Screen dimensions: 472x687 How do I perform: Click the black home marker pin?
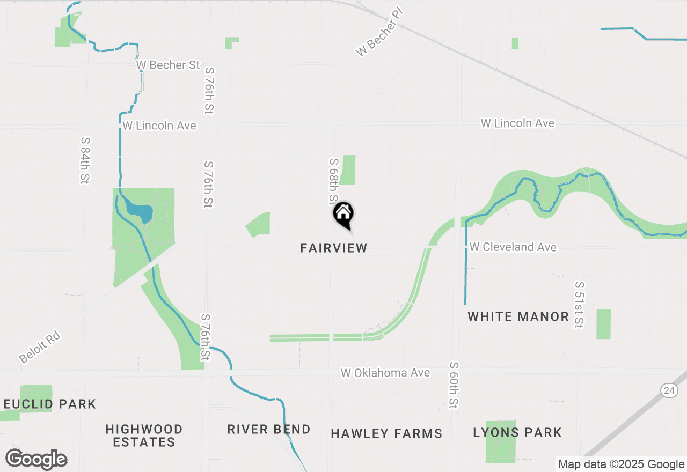[343, 214]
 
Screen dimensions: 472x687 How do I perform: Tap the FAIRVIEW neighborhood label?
[334, 248]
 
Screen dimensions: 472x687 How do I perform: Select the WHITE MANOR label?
[518, 316]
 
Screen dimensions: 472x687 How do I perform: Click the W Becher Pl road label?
[379, 33]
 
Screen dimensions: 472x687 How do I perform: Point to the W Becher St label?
[168, 65]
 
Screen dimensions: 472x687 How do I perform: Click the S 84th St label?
[85, 160]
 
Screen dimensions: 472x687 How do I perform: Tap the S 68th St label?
[334, 181]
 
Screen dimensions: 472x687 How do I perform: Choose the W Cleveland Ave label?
[513, 247]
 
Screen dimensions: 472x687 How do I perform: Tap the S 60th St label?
[454, 385]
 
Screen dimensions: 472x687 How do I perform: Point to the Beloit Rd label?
[39, 348]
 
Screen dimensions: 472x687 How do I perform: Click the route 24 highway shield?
[669, 391]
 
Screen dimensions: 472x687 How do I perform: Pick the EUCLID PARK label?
[49, 404]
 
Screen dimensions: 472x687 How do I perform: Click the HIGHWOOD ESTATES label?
[144, 436]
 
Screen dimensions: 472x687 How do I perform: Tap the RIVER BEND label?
[268, 429]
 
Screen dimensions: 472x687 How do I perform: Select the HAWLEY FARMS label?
[386, 433]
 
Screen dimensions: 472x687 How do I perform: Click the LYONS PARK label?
[517, 432]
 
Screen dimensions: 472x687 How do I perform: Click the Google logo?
[36, 460]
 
